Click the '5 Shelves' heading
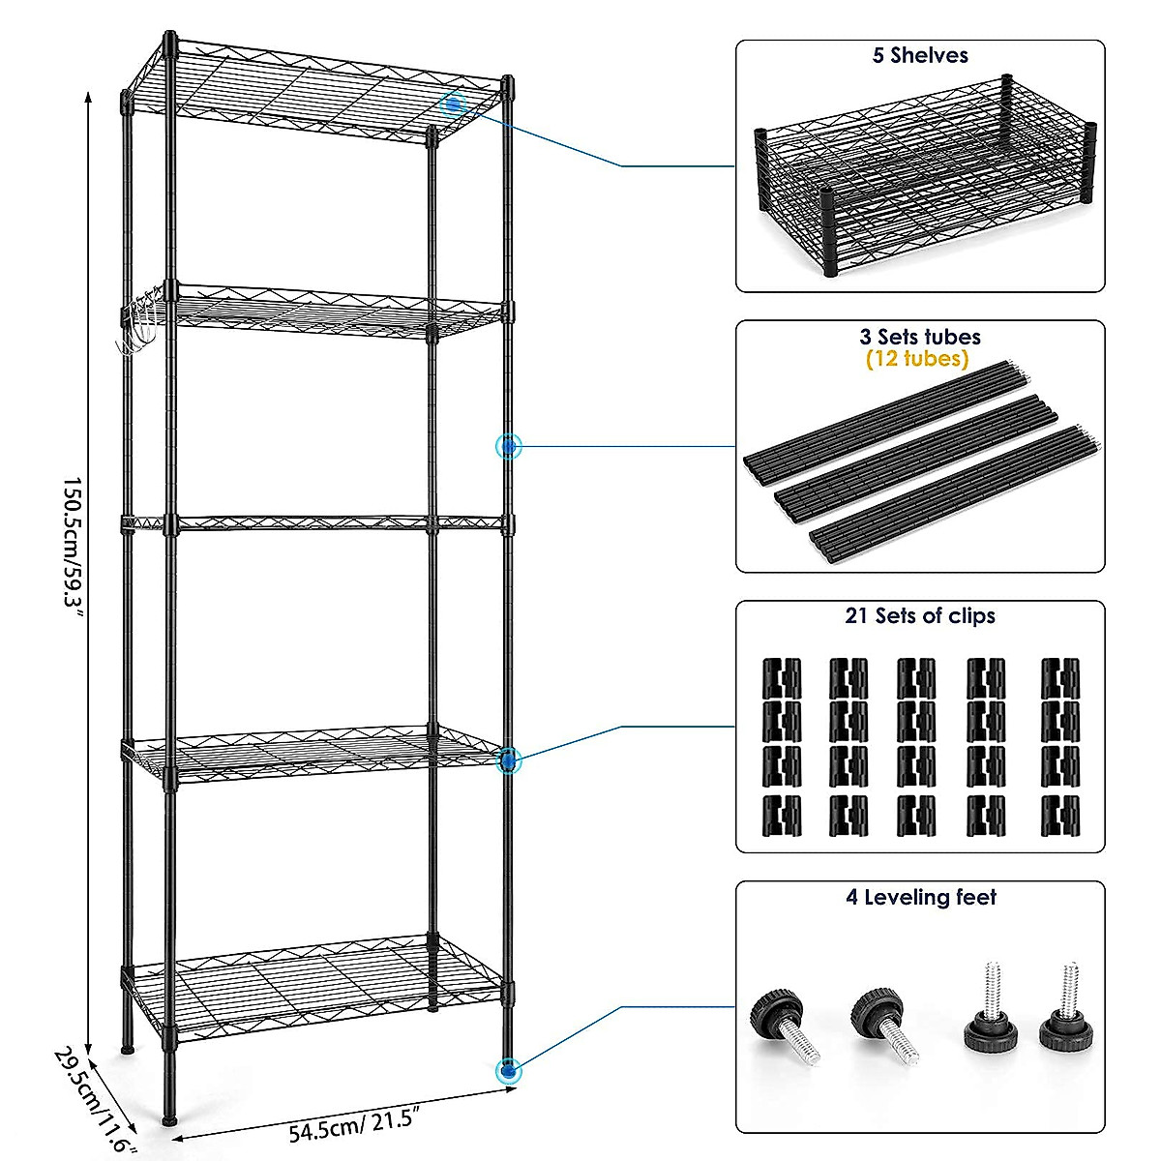(x=919, y=56)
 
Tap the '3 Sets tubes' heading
(x=919, y=337)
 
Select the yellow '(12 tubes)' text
(x=917, y=359)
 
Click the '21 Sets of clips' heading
(x=919, y=616)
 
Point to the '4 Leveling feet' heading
(x=920, y=898)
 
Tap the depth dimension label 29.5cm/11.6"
(x=91, y=1098)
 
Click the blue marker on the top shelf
(x=454, y=104)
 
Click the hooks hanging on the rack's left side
(x=137, y=326)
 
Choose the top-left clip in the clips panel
(x=781, y=677)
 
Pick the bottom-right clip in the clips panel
(x=1059, y=815)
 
